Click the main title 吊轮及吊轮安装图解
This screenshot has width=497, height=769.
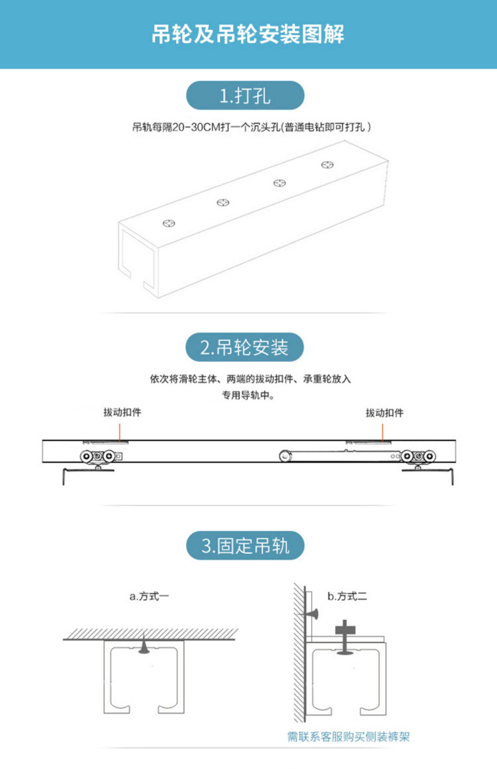[x=248, y=34]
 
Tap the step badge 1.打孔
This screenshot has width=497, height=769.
[x=245, y=96]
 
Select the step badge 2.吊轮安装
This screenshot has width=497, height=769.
[x=245, y=347]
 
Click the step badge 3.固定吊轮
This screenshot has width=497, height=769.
[x=245, y=545]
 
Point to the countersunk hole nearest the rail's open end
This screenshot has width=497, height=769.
[x=169, y=224]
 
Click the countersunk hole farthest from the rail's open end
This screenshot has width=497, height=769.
[x=327, y=165]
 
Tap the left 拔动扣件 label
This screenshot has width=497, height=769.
[x=122, y=412]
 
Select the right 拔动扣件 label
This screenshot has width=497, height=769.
[x=384, y=413]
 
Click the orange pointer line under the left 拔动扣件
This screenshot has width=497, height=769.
[x=120, y=432]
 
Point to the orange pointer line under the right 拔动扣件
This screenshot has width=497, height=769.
[x=382, y=433]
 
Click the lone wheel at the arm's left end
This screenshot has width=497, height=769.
[x=285, y=456]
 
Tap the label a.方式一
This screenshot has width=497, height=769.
[x=149, y=596]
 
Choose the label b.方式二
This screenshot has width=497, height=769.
[x=347, y=596]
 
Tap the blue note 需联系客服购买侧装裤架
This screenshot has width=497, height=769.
[x=348, y=737]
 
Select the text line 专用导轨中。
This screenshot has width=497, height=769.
[x=248, y=395]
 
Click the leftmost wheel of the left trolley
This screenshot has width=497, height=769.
[x=86, y=456]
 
